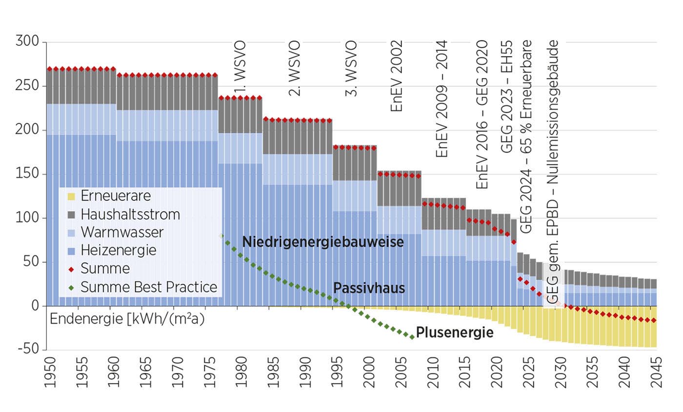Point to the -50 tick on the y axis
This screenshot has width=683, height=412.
[x=28, y=350]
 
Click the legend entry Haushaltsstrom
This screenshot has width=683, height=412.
[x=130, y=214]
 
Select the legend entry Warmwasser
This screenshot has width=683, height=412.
[x=122, y=232]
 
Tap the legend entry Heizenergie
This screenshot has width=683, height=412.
[x=119, y=250]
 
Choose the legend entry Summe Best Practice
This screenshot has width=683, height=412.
[x=149, y=287]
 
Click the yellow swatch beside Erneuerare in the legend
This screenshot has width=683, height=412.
[x=71, y=196]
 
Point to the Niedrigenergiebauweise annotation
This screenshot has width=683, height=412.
[x=323, y=242]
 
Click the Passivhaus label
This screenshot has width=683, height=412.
[x=369, y=288]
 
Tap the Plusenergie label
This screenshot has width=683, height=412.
[x=455, y=333]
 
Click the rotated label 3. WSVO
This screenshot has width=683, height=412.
[x=351, y=68]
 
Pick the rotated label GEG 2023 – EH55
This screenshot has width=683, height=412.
[x=507, y=96]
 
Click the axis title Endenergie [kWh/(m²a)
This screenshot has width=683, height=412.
[x=127, y=319]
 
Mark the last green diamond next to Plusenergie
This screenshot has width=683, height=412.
[x=412, y=337]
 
